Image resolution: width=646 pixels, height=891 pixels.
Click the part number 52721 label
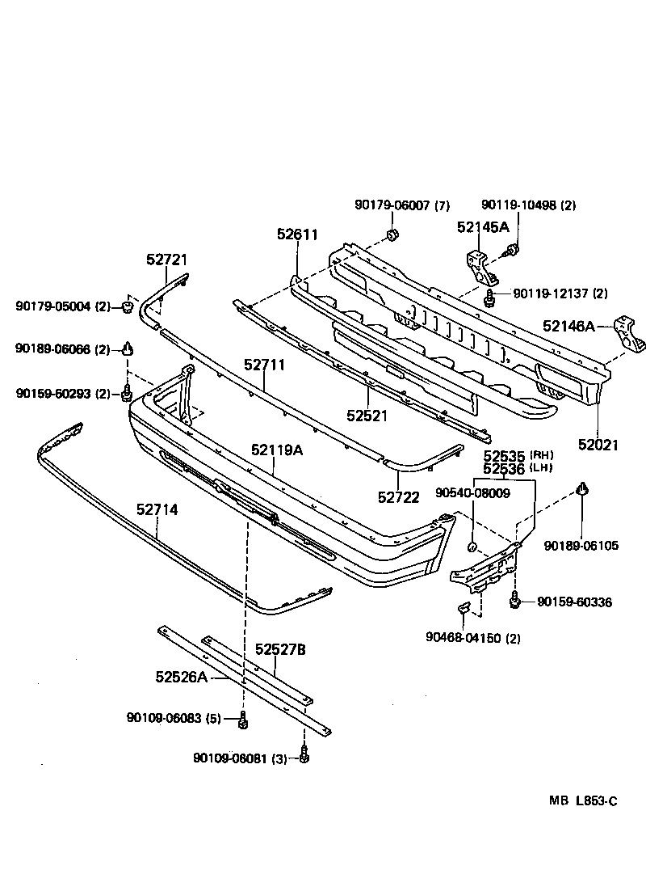point(166,260)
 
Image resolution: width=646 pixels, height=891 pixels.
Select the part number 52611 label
point(297,234)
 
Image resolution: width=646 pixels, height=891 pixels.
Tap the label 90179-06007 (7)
point(401,205)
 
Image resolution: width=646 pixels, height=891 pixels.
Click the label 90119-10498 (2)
point(528,205)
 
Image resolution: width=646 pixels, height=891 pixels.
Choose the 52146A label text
point(568,327)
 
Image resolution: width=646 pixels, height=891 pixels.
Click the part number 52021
point(598,444)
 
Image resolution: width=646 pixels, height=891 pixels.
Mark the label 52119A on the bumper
point(276,450)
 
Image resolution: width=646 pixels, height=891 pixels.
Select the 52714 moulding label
point(157,510)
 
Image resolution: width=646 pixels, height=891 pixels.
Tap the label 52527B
point(281,648)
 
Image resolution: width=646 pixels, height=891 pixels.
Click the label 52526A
point(182,676)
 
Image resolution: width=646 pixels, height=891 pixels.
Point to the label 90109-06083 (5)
point(174,718)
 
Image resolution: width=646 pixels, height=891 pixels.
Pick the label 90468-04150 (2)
point(472,638)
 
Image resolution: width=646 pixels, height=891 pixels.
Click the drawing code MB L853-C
point(582,801)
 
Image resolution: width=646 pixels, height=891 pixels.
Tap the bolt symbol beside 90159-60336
point(514,601)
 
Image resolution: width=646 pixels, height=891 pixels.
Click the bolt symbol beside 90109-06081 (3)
point(304,756)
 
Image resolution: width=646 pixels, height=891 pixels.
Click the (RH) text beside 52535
point(541,455)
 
